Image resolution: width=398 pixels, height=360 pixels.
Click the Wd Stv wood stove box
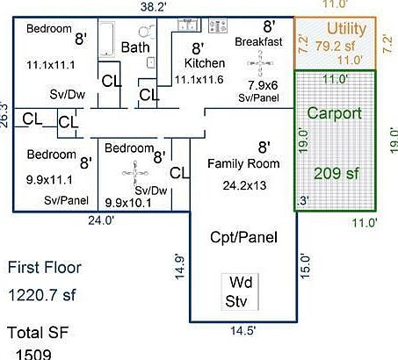pos(240,292)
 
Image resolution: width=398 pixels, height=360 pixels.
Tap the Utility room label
pos(346,29)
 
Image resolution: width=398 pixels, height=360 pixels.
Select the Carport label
pos(335,113)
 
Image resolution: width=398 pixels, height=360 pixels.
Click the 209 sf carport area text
pos(336,173)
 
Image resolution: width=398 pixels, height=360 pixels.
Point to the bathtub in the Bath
pos(106,40)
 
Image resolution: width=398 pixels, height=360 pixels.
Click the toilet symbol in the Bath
pos(146,32)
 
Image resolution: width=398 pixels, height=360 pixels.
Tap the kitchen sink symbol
pos(189,25)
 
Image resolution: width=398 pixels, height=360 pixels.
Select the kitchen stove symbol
pos(218,25)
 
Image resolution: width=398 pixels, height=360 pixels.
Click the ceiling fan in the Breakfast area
pos(260,63)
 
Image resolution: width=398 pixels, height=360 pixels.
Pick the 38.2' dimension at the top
pos(153,7)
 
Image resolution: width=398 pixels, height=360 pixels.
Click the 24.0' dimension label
pos(101,220)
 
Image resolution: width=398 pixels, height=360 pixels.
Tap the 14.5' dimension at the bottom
pos(243,331)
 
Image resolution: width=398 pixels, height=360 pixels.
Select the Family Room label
pos(243,163)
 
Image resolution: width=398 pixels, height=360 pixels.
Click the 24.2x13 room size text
pos(244,185)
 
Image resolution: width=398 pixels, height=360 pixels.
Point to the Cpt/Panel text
pos(243,237)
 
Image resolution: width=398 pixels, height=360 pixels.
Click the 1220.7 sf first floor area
pos(42,295)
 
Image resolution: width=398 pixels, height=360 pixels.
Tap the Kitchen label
pos(205,63)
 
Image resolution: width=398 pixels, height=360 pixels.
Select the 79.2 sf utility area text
pos(336,46)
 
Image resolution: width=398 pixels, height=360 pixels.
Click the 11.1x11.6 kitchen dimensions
pos(199,80)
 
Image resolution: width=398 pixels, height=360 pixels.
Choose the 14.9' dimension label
pos(179,268)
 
